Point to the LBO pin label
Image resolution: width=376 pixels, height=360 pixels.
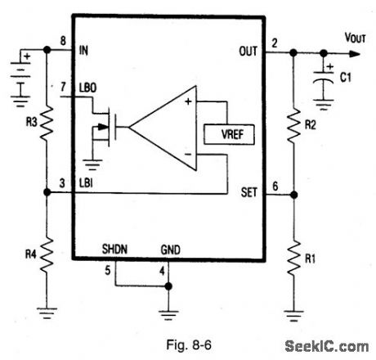click(87, 87)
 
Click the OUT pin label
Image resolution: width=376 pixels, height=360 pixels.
click(248, 52)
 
